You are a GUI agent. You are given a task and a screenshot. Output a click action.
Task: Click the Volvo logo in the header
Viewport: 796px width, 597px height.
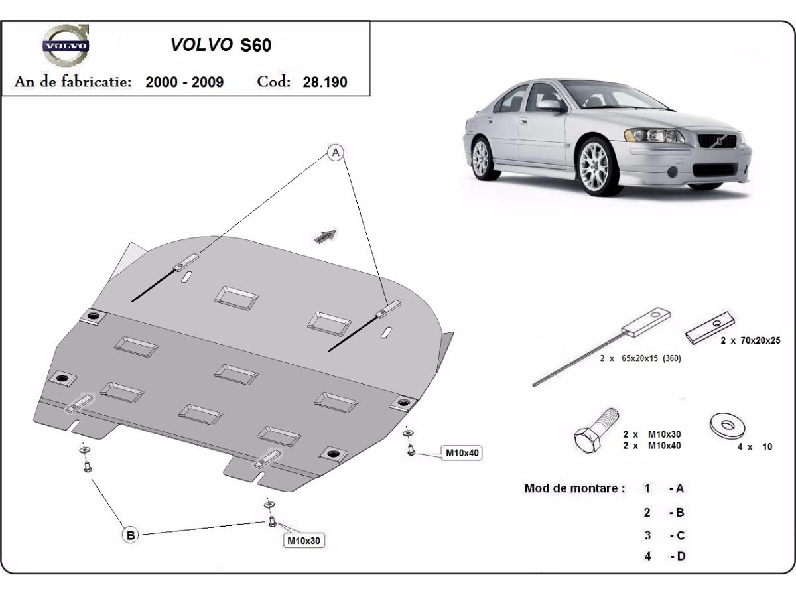[65, 45]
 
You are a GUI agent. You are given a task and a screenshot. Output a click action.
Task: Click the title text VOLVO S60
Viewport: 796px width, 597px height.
[221, 45]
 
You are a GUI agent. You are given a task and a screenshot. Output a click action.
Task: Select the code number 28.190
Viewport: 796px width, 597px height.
[325, 82]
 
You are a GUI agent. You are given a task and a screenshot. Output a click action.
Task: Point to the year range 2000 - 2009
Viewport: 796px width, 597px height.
[184, 82]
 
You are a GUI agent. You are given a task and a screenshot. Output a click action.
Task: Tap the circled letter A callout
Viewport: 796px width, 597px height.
[336, 153]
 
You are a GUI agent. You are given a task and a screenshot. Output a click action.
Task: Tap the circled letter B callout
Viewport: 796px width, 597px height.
[131, 535]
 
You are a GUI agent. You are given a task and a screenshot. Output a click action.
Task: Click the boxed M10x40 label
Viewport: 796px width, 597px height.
[462, 454]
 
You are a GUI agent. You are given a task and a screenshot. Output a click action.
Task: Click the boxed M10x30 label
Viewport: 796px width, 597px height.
[304, 541]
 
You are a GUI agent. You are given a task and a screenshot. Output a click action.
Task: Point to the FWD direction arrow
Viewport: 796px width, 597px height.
[326, 237]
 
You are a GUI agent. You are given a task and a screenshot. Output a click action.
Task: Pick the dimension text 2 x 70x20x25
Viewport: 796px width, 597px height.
[750, 340]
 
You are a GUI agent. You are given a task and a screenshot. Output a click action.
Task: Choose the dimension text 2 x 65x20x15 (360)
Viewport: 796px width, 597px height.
[640, 358]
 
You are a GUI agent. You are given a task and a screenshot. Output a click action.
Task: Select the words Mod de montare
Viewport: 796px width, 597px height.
[574, 488]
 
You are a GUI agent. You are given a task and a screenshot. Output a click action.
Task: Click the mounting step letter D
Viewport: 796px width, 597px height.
[681, 557]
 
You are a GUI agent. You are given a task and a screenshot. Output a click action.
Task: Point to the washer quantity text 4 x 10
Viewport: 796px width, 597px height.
[755, 447]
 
